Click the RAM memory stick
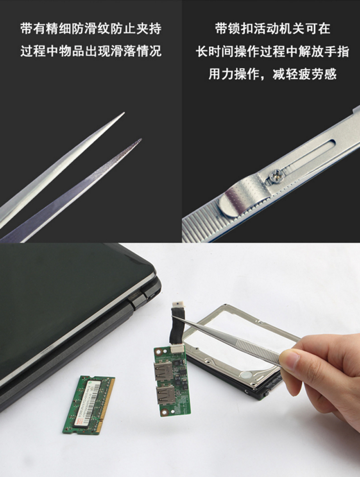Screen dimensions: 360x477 tap(89, 405)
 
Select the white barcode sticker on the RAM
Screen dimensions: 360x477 tap(90, 402)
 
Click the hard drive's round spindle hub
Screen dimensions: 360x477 tap(247, 374)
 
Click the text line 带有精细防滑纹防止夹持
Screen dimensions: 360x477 tap(91, 29)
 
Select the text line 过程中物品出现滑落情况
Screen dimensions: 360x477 tap(91, 51)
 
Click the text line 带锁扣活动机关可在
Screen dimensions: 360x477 tap(272, 29)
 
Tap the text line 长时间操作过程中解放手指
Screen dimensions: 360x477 tap(272, 51)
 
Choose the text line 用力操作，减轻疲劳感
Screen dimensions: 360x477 tap(272, 74)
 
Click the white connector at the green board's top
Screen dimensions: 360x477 tap(178, 349)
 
